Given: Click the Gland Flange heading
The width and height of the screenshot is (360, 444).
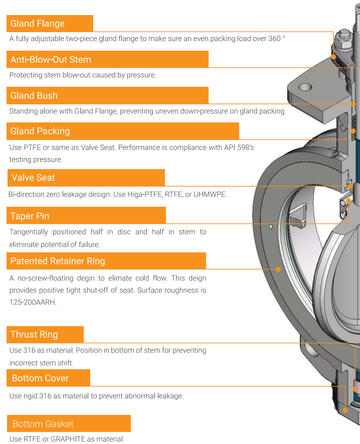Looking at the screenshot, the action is coord(38,24).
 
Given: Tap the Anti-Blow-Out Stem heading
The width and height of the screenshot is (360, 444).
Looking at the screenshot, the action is coord(51,60).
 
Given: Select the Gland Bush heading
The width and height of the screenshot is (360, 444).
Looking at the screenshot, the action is coord(34,96).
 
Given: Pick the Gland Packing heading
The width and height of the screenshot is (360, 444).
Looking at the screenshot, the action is coord(40,131).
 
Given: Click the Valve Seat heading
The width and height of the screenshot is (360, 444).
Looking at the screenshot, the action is coord(33,178).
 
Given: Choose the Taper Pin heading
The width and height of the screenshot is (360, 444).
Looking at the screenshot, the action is coord(30,216).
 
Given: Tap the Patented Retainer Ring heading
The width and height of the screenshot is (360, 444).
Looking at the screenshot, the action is coord(58,261).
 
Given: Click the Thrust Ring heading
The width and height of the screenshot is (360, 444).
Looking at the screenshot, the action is coord(34,335).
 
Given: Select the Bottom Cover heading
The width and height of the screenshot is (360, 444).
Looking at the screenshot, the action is coord(40,378).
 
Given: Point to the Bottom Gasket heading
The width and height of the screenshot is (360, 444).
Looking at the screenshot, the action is coord(43,424).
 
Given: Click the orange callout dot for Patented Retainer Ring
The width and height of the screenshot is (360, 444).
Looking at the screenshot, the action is coord(278,269).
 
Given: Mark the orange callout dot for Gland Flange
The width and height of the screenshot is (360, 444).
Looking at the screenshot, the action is coord(333,57).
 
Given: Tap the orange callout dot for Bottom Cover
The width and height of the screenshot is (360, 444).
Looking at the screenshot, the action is coord(345,410).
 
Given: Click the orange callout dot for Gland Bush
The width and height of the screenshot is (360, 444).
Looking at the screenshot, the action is coord(353,104).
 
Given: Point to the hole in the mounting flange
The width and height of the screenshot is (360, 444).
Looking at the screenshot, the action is coord(305,87).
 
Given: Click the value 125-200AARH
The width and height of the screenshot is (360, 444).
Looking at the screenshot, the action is coord(33,303).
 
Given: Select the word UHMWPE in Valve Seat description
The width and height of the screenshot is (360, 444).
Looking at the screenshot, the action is coord(210,195).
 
